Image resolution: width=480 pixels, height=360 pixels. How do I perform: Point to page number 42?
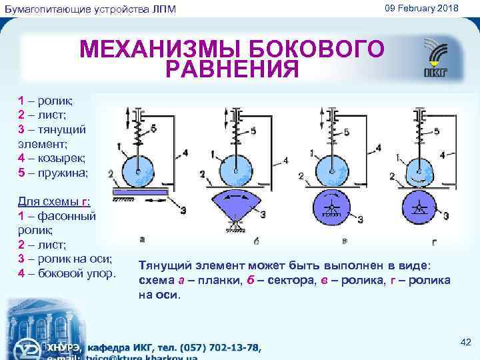point(466,342)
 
